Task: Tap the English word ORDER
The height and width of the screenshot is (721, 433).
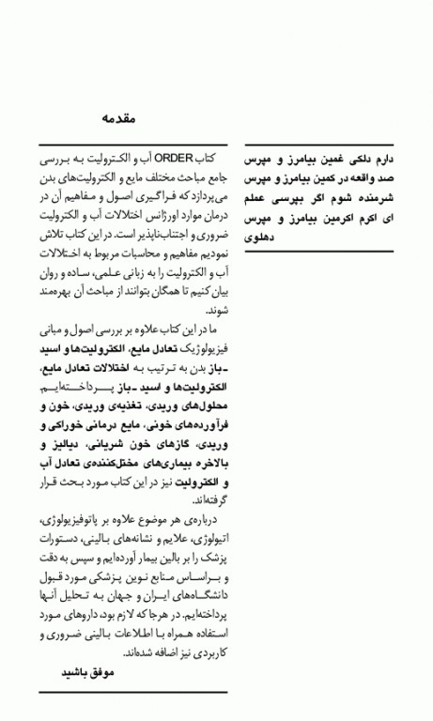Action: coord(173,159)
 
